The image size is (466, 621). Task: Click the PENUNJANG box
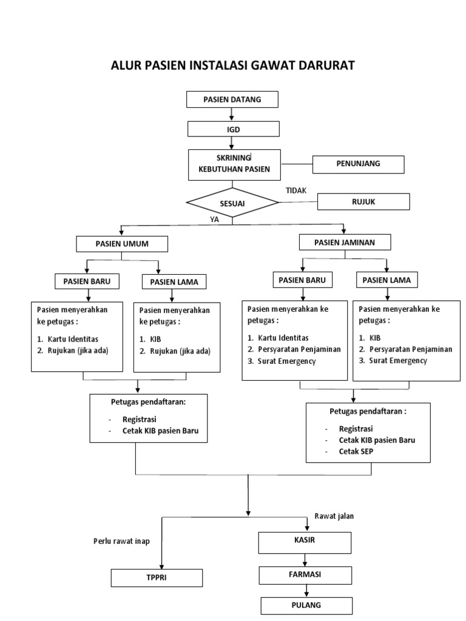(x=358, y=164)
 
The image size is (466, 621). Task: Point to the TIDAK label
(x=296, y=190)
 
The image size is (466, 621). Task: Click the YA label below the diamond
(x=214, y=220)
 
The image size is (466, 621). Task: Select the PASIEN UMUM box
(x=122, y=244)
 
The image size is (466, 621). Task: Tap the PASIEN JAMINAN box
(x=345, y=242)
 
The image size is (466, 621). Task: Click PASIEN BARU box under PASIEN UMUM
(x=87, y=281)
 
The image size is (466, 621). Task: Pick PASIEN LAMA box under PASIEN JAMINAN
(x=387, y=280)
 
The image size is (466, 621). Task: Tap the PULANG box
(x=306, y=605)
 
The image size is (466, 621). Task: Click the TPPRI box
(x=156, y=578)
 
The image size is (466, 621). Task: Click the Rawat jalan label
(x=334, y=516)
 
